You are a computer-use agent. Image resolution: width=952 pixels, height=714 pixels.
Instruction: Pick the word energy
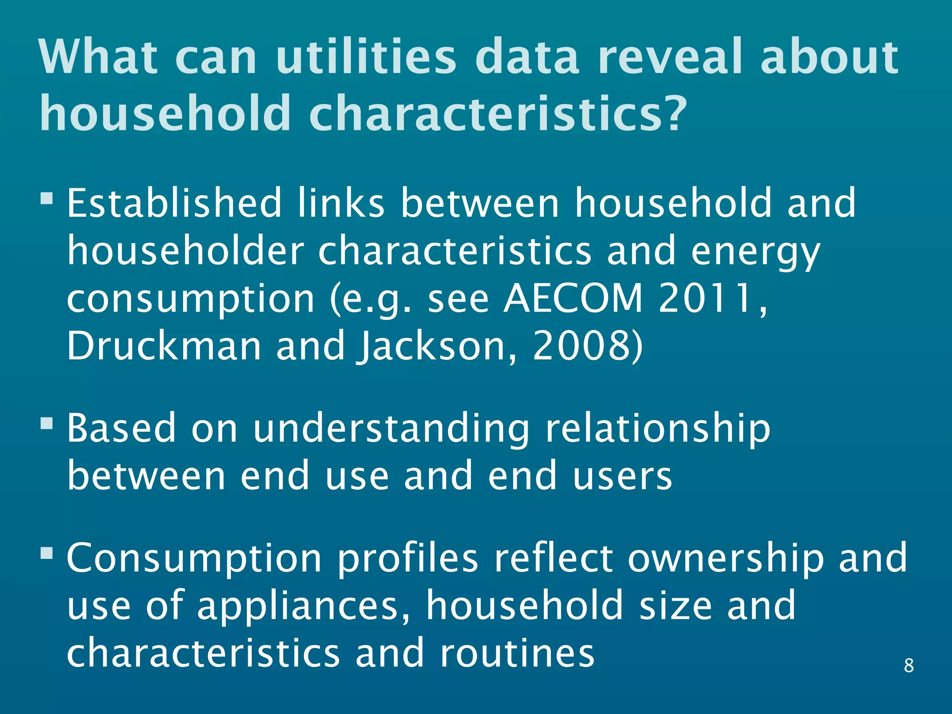755,251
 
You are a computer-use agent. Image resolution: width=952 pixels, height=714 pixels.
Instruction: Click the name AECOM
574,298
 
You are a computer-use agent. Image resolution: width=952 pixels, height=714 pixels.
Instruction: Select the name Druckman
165,346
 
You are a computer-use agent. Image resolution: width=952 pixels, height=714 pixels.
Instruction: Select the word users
622,476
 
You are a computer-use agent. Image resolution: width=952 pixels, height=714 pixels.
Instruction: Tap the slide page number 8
909,666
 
